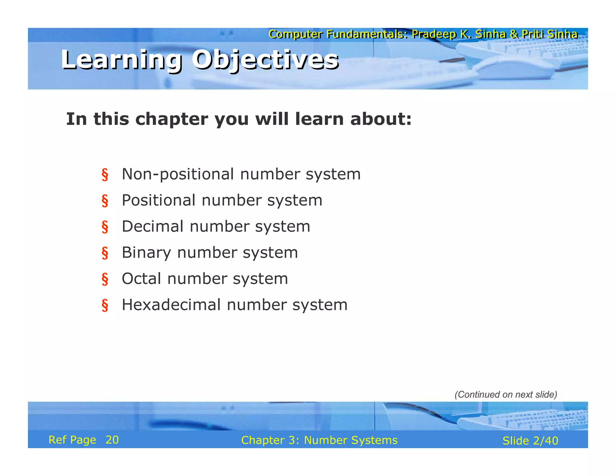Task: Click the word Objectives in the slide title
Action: click(265, 60)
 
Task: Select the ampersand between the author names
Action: click(514, 34)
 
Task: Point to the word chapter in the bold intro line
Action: click(171, 119)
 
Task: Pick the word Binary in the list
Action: click(146, 252)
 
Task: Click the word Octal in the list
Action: click(141, 279)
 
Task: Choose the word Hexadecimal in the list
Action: click(171, 305)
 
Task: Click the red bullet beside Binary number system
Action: click(105, 253)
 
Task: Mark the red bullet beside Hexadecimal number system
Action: click(105, 305)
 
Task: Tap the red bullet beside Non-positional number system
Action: click(105, 175)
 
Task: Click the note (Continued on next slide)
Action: click(506, 394)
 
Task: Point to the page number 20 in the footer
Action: click(112, 440)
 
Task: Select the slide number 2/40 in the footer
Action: click(545, 441)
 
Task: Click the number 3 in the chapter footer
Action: click(291, 440)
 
